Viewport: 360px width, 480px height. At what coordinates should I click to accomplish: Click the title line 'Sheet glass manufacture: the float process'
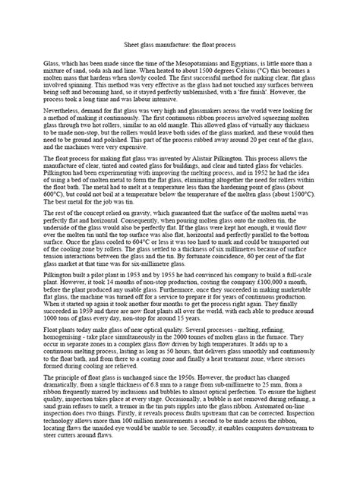tap(180, 46)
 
